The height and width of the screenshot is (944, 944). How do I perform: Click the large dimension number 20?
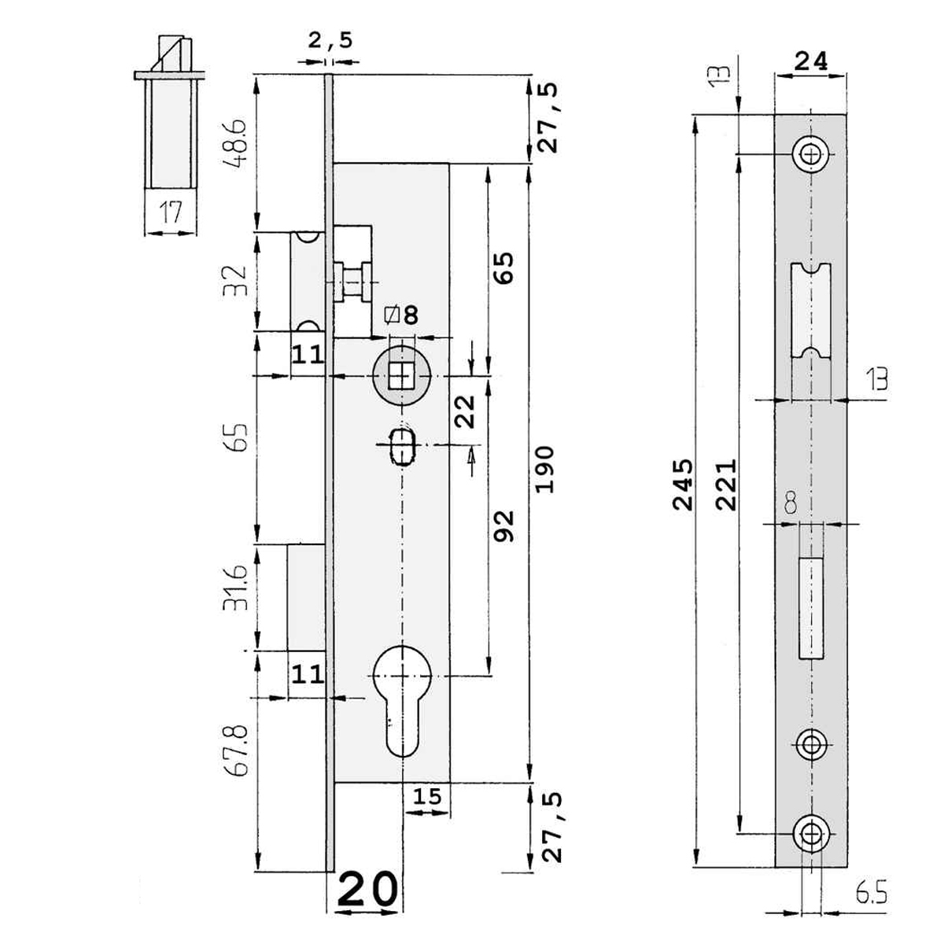tap(368, 891)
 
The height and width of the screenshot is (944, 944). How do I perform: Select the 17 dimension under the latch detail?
tap(170, 212)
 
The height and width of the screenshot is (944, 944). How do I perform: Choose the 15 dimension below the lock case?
tap(427, 796)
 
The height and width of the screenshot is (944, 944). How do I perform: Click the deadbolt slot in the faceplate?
tap(810, 606)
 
